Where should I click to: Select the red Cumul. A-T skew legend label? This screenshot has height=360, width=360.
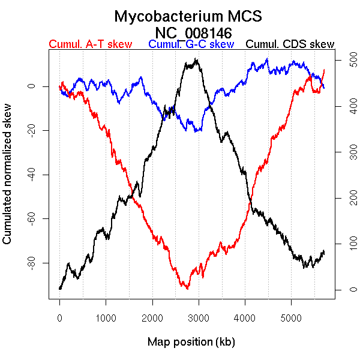90,44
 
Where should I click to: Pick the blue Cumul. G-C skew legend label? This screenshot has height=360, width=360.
191,44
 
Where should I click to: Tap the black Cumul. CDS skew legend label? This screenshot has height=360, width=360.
290,44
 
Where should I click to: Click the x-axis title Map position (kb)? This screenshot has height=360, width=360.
191,342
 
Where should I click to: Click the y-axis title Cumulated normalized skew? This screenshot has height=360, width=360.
8,181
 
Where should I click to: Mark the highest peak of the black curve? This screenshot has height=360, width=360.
196,58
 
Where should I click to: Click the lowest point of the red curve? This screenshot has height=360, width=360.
187,289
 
